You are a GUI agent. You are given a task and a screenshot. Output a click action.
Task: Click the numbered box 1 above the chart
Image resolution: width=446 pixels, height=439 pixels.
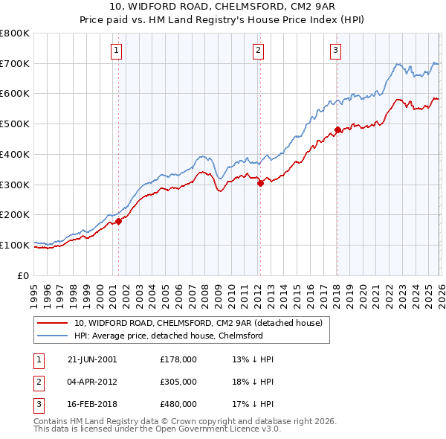[x=117, y=51]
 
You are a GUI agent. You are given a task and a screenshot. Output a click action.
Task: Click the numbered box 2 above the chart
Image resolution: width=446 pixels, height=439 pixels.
[x=258, y=51]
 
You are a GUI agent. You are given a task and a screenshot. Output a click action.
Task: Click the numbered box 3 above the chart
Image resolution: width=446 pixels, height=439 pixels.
[x=335, y=51]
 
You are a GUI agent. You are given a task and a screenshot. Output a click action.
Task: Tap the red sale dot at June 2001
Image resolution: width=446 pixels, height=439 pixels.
[x=118, y=221]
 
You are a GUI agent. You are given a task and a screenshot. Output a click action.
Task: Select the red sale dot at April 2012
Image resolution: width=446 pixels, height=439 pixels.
[x=260, y=183]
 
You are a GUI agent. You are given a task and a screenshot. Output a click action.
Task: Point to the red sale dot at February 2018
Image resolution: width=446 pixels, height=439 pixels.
[x=337, y=130]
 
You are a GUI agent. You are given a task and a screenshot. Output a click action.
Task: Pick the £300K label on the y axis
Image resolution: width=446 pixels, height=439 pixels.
[x=15, y=185]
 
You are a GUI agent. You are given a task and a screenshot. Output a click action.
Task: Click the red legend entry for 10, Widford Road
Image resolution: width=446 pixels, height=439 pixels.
[x=198, y=323]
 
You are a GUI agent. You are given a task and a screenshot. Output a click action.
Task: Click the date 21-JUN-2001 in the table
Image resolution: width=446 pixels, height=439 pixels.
[x=92, y=359]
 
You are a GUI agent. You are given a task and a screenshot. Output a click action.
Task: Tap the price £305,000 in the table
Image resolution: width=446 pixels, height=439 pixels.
[x=178, y=382]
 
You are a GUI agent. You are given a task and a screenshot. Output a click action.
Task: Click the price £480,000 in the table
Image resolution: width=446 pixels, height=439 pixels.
[x=178, y=404]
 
